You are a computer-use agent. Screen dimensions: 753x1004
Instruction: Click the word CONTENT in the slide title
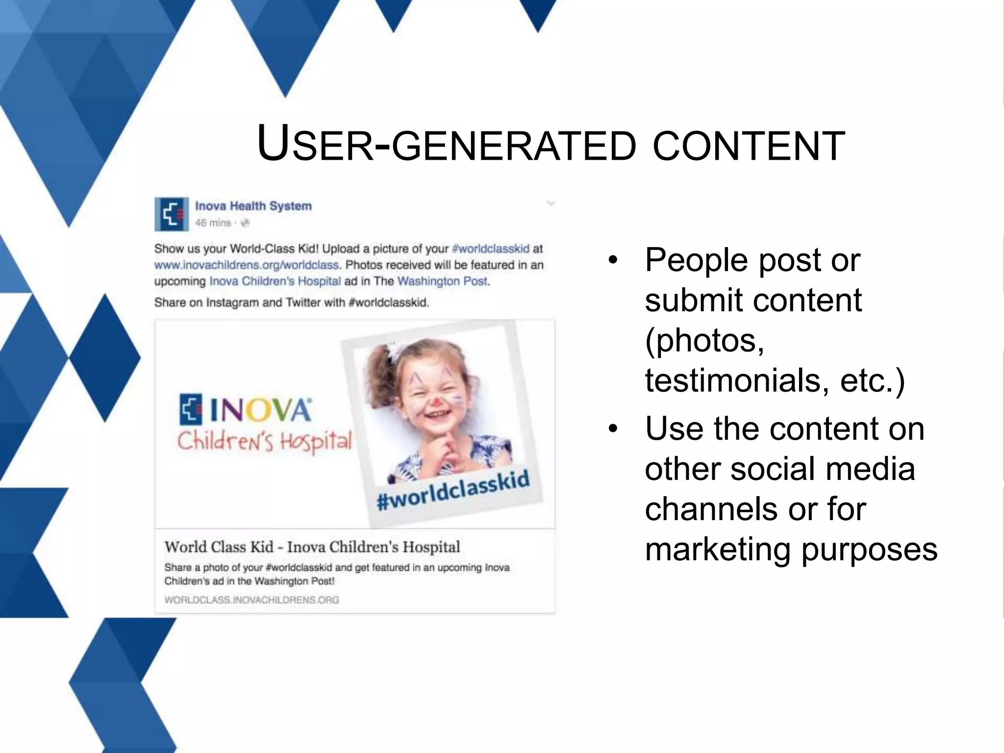pyautogui.click(x=749, y=146)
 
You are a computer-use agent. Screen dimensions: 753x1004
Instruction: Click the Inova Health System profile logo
pyautogui.click(x=172, y=214)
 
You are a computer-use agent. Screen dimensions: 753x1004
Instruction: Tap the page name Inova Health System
pyautogui.click(x=253, y=206)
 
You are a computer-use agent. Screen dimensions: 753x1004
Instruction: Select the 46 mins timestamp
pyautogui.click(x=213, y=223)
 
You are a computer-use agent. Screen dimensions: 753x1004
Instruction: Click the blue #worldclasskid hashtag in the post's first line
pyautogui.click(x=491, y=249)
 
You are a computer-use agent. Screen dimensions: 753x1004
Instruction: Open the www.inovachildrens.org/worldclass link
pyautogui.click(x=247, y=265)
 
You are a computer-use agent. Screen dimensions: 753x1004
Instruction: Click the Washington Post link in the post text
pyautogui.click(x=443, y=281)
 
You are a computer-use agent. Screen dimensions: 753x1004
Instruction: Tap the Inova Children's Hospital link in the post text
pyautogui.click(x=275, y=281)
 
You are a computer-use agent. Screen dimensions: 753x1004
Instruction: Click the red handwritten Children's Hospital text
pyautogui.click(x=264, y=441)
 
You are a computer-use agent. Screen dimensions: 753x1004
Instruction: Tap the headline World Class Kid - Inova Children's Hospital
pyautogui.click(x=312, y=547)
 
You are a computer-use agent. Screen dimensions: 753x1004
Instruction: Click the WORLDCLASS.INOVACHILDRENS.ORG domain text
pyautogui.click(x=251, y=600)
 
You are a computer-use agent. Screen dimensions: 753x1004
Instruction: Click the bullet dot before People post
pyautogui.click(x=612, y=260)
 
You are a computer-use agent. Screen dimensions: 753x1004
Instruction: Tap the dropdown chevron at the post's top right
pyautogui.click(x=551, y=203)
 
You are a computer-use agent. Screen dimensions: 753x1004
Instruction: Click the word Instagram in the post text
pyautogui.click(x=232, y=302)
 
